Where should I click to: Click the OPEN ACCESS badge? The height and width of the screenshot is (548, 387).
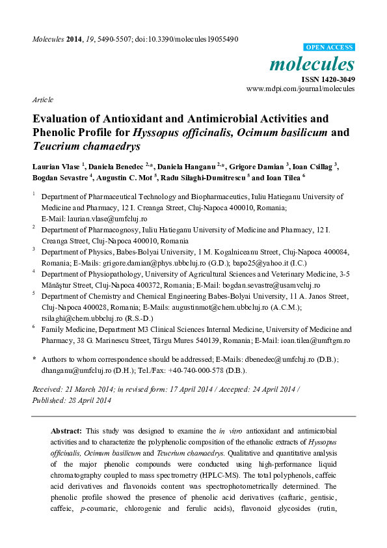330,48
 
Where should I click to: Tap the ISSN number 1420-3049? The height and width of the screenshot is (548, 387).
338,79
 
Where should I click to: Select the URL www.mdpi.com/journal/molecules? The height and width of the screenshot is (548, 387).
300,88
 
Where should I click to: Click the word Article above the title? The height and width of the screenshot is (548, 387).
42,100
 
